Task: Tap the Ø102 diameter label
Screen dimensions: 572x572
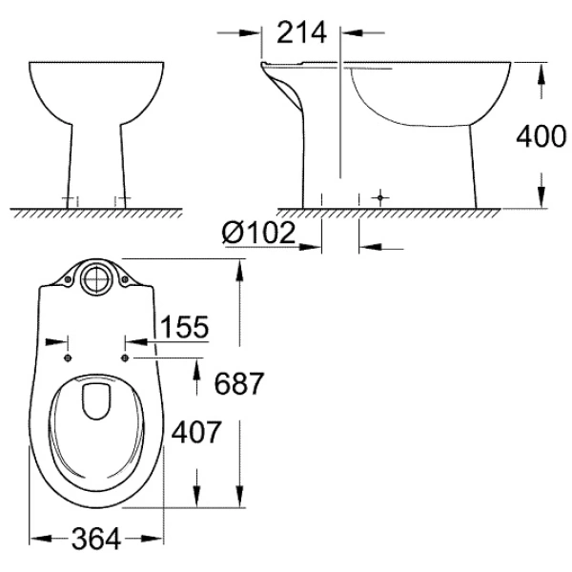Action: [x=257, y=234]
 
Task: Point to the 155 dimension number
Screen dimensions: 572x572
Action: [x=183, y=328]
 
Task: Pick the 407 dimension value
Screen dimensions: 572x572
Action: [x=196, y=433]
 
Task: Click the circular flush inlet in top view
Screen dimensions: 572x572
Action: [x=95, y=278]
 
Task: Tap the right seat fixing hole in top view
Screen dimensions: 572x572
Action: [x=127, y=357]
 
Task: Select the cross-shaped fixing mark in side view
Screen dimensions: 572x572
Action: [x=381, y=198]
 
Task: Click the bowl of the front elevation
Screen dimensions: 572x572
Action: [x=95, y=91]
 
